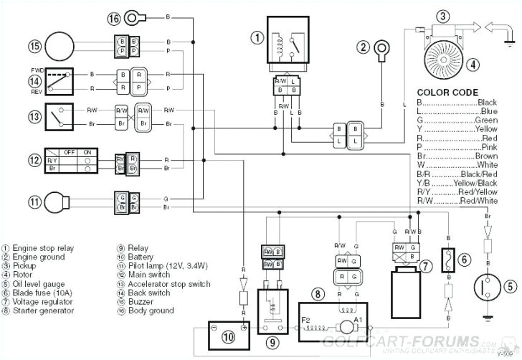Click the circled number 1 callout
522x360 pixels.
point(256,37)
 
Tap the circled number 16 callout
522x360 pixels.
point(115,16)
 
